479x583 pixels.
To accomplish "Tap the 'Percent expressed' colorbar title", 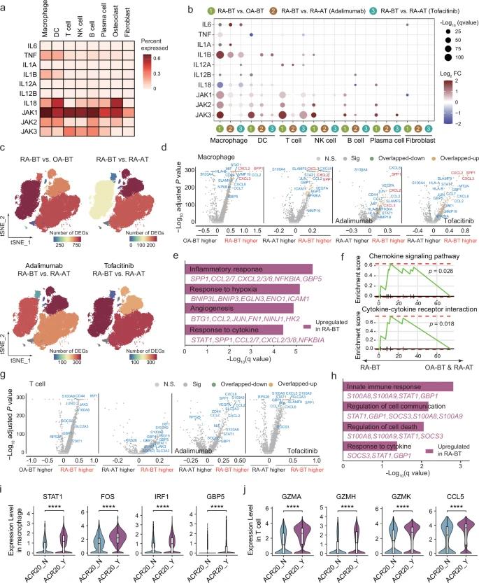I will (164, 33).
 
